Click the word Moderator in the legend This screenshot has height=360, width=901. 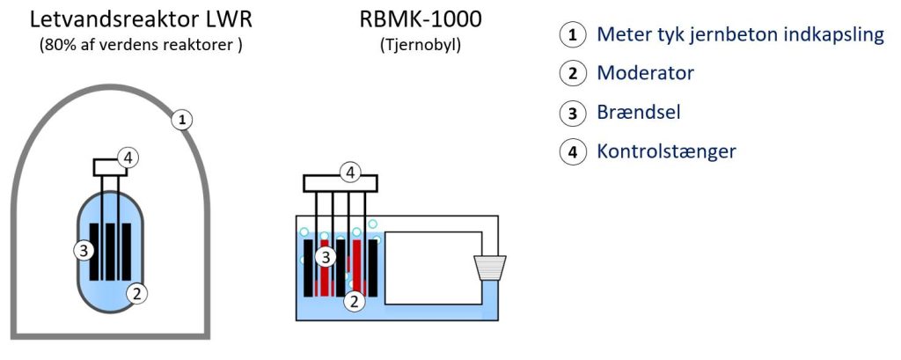(645, 73)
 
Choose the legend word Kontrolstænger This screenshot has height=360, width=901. (666, 151)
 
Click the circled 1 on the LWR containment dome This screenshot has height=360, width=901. (181, 120)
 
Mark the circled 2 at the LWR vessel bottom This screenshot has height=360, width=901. (136, 293)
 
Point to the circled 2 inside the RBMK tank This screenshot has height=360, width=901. (354, 301)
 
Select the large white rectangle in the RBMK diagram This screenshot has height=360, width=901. (433, 268)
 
